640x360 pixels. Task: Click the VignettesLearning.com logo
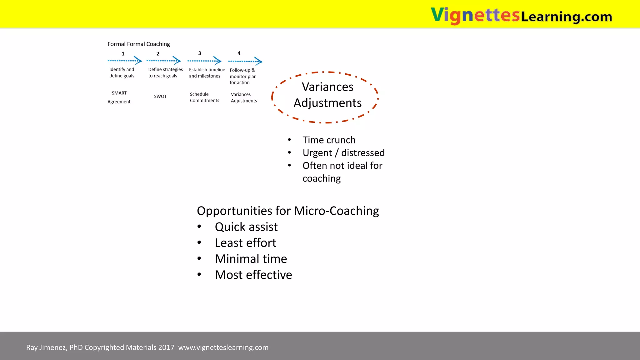coord(521,15)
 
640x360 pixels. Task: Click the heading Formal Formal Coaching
coord(139,44)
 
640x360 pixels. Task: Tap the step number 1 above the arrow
coord(123,54)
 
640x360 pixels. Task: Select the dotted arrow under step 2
coord(163,61)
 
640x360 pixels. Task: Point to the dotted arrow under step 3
coord(204,61)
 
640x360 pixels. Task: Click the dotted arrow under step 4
coord(245,61)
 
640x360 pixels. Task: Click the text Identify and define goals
coord(122,72)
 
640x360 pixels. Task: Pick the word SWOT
coord(160,96)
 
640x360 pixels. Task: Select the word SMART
coord(119,93)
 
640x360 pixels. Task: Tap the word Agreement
coord(119,102)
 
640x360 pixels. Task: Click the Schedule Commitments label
coord(204,97)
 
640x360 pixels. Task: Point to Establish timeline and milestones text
coord(207,73)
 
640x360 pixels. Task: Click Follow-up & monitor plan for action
coord(243,76)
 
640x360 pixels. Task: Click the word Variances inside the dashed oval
coord(327,87)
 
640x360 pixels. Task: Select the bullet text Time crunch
coord(329,140)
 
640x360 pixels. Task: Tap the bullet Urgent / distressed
coord(343,153)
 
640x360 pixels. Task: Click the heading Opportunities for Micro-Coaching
coord(288,211)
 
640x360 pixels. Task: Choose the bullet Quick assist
coord(246,227)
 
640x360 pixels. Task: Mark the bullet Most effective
coord(253,275)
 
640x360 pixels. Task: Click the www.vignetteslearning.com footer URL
coord(223,347)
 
